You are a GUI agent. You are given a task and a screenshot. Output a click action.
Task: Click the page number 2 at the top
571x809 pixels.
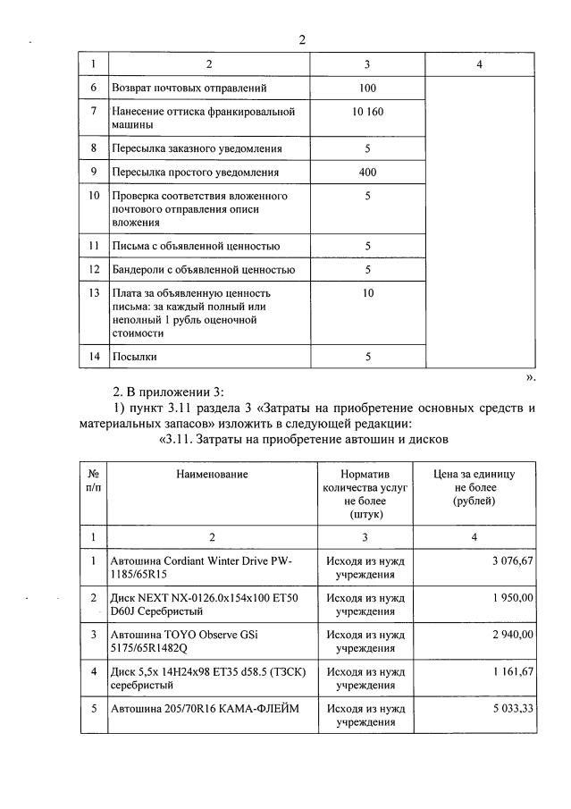point(302,39)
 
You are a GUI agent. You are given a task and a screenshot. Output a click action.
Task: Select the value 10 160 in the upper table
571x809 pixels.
point(367,112)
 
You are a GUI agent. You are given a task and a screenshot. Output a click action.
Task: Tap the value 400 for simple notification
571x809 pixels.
point(367,172)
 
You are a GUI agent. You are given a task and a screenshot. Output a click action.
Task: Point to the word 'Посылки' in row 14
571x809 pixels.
point(134,357)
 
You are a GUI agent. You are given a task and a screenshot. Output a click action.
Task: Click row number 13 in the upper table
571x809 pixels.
point(94,293)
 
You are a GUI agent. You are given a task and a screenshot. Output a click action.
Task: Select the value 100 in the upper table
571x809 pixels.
point(367,88)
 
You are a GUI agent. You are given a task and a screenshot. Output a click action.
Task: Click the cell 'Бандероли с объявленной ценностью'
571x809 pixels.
point(203,269)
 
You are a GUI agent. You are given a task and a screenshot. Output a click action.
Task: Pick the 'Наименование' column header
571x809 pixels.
point(212,474)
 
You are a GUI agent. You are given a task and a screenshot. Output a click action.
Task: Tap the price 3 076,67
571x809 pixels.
point(509,560)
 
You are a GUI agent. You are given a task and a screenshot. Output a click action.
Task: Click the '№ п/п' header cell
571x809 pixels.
point(93,480)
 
